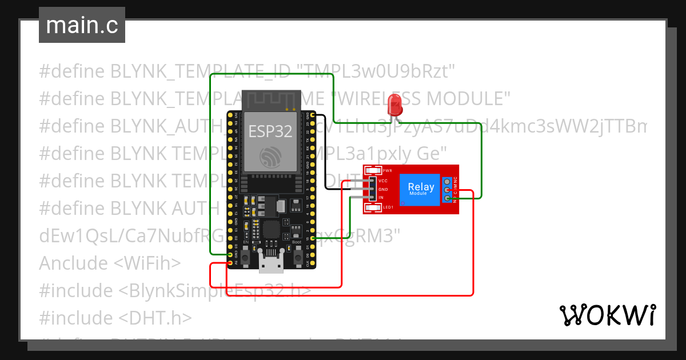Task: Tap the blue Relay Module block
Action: click(421, 189)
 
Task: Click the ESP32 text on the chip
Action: click(270, 131)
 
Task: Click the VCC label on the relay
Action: click(383, 181)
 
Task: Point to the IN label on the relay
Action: click(381, 198)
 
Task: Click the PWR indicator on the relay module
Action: click(374, 170)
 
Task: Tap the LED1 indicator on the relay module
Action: click(374, 207)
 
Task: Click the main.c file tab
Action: click(82, 26)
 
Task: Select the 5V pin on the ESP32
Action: click(230, 263)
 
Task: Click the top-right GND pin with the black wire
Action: click(312, 114)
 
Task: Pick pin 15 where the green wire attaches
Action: click(312, 238)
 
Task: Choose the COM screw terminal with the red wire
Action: click(446, 190)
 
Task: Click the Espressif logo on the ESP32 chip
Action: click(270, 156)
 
